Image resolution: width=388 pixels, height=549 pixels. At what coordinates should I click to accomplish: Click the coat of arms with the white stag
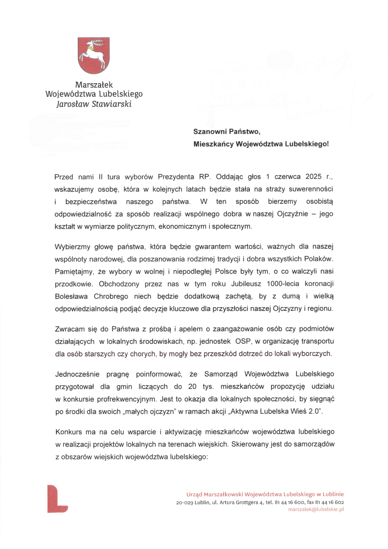click(93, 55)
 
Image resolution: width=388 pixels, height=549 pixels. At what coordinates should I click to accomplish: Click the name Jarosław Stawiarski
click(93, 104)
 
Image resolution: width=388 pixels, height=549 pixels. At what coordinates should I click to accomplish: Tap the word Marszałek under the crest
click(93, 85)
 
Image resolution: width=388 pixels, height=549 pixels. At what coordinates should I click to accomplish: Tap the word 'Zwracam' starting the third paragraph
click(70, 329)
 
